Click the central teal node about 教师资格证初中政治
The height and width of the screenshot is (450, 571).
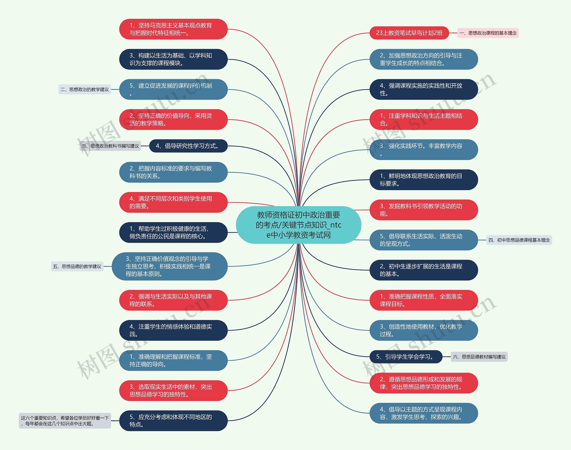pos(298,225)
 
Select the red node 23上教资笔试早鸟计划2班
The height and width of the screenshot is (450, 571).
pos(409,33)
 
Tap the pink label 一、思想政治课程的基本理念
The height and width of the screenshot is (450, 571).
pos(488,33)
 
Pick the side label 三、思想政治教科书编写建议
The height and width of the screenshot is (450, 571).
pos(110,146)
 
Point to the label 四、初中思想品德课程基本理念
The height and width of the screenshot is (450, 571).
pos(519,240)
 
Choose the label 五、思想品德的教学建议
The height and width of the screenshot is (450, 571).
pos(77,266)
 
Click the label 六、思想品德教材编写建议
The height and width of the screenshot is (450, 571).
pos(479,357)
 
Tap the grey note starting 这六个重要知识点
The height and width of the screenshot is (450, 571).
pos(65,421)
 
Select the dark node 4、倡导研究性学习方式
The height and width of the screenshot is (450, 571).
pos(188,146)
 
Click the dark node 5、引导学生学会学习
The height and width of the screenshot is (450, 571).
pos(405,357)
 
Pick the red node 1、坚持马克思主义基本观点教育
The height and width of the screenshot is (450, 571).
pos(173,29)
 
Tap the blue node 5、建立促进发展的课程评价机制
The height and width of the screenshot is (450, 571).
pos(173,89)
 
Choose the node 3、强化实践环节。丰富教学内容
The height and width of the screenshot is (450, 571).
pos(424,150)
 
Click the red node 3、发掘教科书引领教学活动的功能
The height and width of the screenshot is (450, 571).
pos(424,210)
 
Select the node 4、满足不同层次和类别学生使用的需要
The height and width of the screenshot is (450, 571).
pos(173,202)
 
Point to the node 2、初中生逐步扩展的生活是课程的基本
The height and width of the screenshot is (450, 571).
pos(424,270)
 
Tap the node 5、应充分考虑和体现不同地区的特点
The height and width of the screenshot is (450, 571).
pos(173,421)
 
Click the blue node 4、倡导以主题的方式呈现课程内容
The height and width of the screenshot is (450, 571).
pos(424,413)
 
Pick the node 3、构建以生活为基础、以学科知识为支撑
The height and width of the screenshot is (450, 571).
pos(173,59)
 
